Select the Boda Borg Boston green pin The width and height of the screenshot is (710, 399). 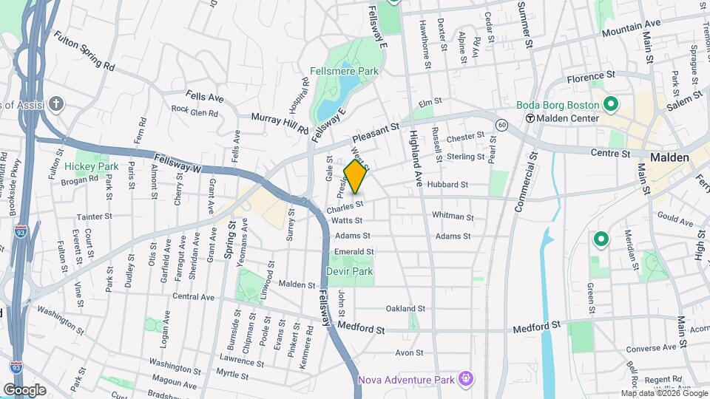pos(611,104)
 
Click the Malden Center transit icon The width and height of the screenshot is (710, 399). pos(530,118)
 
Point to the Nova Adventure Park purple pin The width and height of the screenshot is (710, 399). pos(466,380)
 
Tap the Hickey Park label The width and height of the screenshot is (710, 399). pos(91,167)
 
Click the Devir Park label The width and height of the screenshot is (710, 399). pos(350,271)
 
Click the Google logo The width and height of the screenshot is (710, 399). pos(24,389)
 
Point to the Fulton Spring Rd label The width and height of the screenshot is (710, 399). pos(84,50)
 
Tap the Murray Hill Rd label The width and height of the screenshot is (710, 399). pos(280,123)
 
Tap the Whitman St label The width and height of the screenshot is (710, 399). pos(453,216)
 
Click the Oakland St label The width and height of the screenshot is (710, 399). pos(405,309)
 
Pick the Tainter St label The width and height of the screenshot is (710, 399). pos(94,216)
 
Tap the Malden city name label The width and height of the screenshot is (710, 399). pos(669,157)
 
